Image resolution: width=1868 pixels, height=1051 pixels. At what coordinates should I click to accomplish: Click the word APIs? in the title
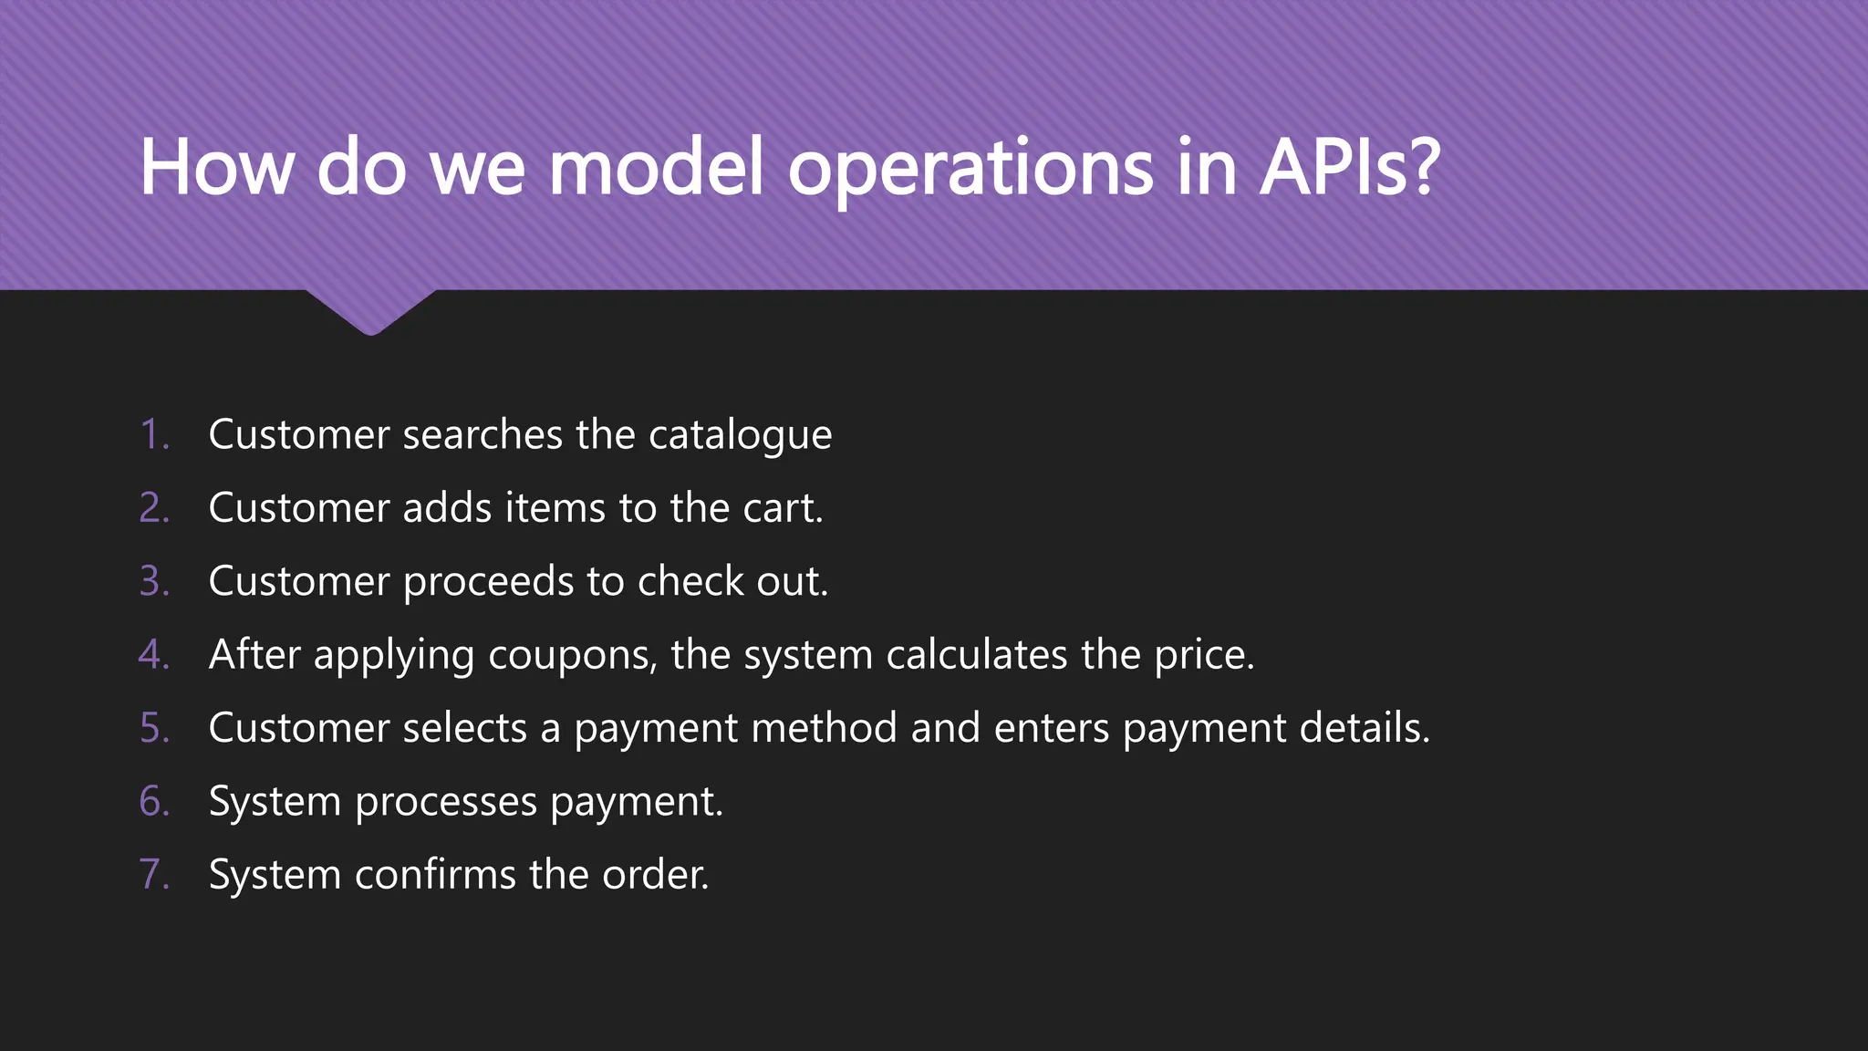1350,168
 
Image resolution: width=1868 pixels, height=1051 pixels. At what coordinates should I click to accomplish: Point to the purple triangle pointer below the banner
370,310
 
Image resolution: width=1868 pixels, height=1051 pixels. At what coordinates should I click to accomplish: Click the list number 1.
154,434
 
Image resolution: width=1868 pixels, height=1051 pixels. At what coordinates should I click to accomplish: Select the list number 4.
154,655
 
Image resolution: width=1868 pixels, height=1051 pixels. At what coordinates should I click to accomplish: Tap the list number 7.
154,875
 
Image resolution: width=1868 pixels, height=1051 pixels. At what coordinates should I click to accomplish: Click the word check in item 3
690,581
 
